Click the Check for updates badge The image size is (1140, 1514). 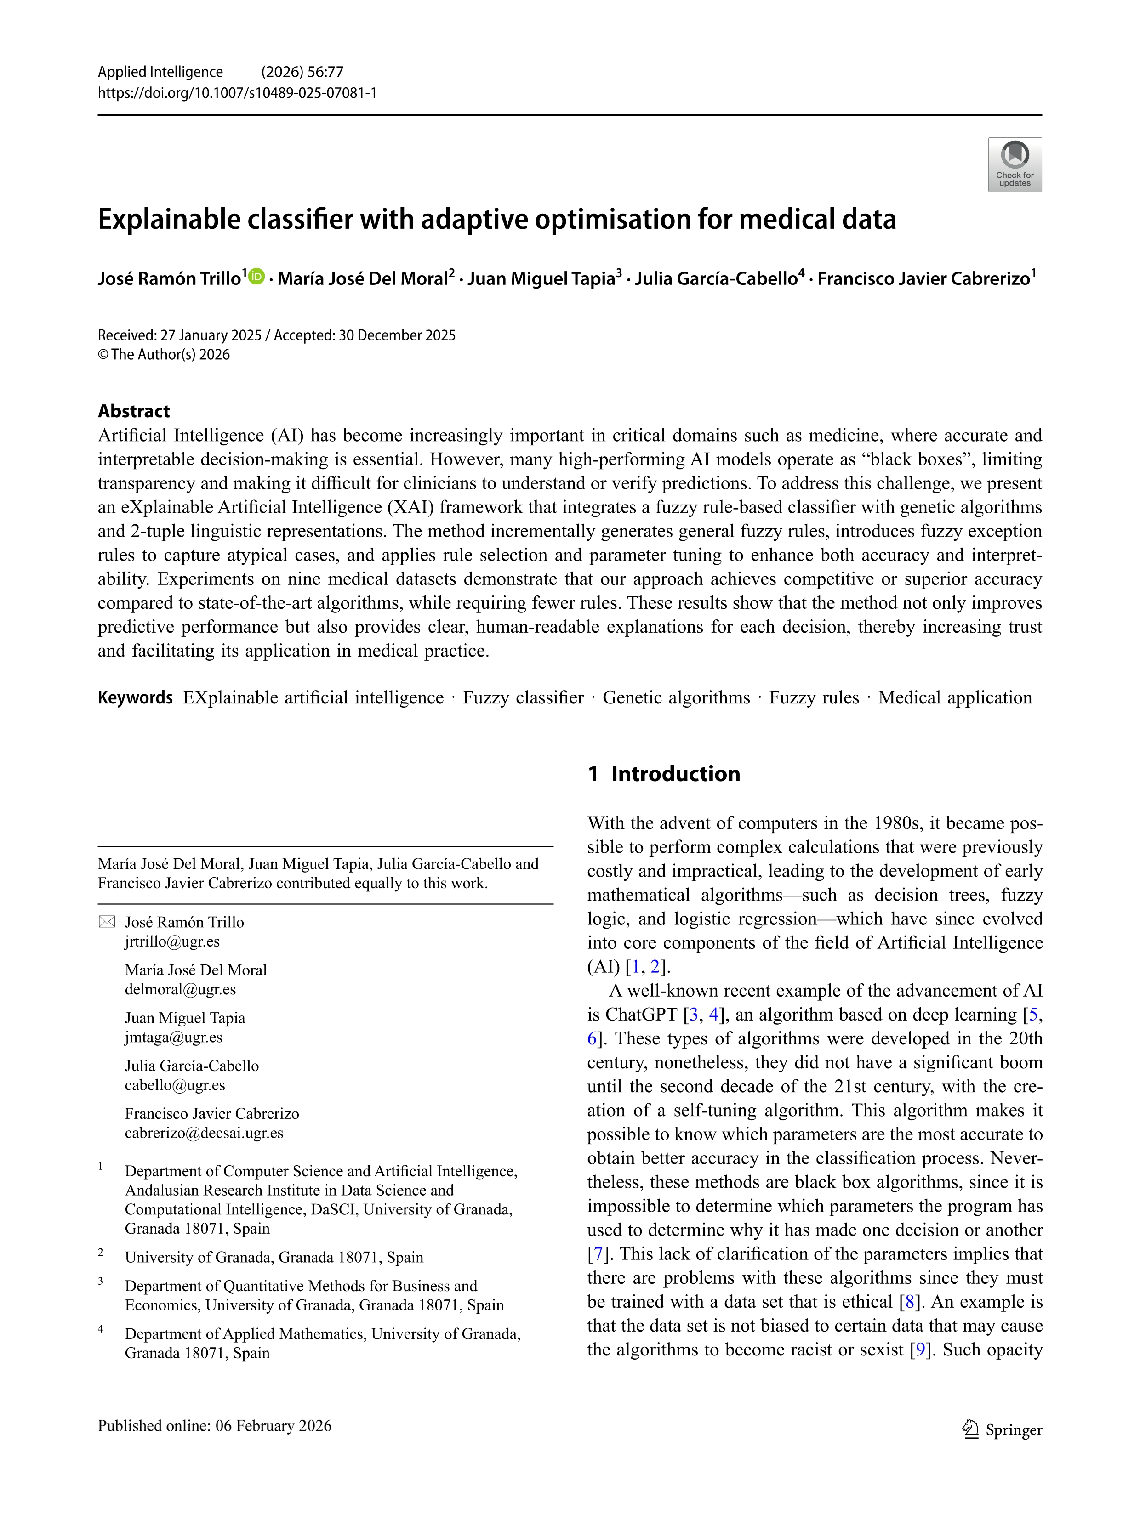[x=1014, y=164]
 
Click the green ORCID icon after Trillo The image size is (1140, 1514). [x=257, y=277]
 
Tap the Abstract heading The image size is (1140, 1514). [x=133, y=411]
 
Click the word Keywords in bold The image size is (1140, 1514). [x=135, y=697]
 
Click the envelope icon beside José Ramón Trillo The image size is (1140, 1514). [x=107, y=922]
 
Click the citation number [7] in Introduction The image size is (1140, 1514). [x=597, y=1254]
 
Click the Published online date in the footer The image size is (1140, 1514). [x=214, y=1426]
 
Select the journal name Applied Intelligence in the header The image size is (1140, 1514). [x=160, y=72]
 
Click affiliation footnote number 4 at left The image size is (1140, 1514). [x=101, y=1329]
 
